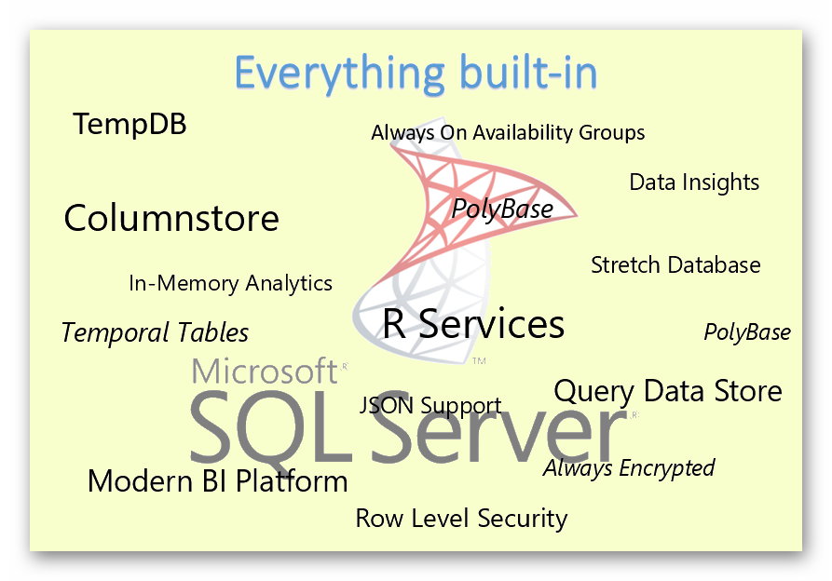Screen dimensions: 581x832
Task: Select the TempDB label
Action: tap(130, 124)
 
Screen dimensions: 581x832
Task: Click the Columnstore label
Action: tap(171, 218)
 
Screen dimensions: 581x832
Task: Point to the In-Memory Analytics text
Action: tap(230, 283)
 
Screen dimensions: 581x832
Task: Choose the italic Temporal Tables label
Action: tap(155, 332)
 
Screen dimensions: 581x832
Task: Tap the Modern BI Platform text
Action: tap(217, 481)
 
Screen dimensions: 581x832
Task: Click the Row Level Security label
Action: tap(461, 518)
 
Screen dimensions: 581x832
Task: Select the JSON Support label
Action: tap(430, 406)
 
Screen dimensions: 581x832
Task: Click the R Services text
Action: tap(473, 324)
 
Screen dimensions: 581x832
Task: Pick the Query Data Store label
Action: tap(668, 391)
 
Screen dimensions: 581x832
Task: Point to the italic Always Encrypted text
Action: tap(629, 467)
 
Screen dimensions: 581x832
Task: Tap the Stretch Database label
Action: tap(675, 265)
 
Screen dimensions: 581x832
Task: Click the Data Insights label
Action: tap(694, 182)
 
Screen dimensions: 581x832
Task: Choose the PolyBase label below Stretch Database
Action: tap(747, 332)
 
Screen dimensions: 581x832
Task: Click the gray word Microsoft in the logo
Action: tap(264, 371)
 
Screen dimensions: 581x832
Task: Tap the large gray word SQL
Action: tap(270, 428)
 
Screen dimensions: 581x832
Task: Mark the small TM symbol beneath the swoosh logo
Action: tap(480, 359)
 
